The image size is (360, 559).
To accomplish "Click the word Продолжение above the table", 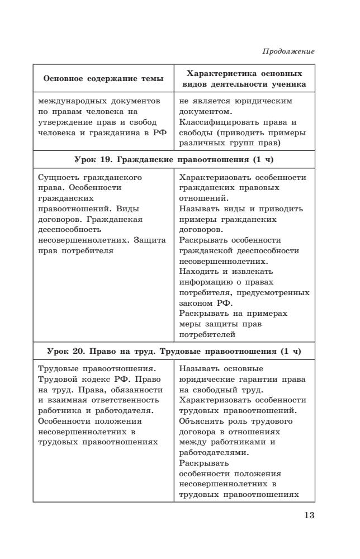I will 288,51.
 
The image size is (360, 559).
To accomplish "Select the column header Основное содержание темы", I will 103,79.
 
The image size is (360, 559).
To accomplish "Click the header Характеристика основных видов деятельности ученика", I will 244,79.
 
